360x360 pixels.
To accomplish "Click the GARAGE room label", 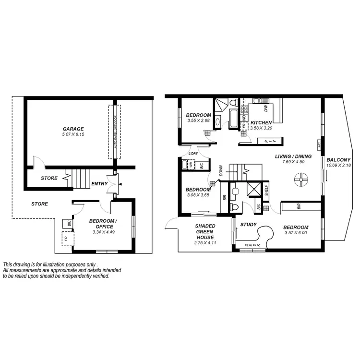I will tap(73, 129).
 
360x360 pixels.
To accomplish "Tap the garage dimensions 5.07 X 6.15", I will tap(73, 135).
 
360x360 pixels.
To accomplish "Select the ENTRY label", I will tap(99, 184).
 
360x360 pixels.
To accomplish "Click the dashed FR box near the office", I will tap(66, 238).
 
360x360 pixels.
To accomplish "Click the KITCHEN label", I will tap(261, 122).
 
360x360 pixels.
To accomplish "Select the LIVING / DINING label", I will tap(293, 156).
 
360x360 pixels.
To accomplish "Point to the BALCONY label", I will tap(338, 160).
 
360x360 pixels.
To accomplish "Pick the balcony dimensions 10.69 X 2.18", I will tap(338, 166).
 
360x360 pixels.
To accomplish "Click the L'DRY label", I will tap(193, 153).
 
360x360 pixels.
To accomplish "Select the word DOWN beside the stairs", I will tap(221, 172).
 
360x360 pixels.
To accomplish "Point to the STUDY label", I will tap(249, 224).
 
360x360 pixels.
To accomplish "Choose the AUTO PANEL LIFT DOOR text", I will tap(114, 132).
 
